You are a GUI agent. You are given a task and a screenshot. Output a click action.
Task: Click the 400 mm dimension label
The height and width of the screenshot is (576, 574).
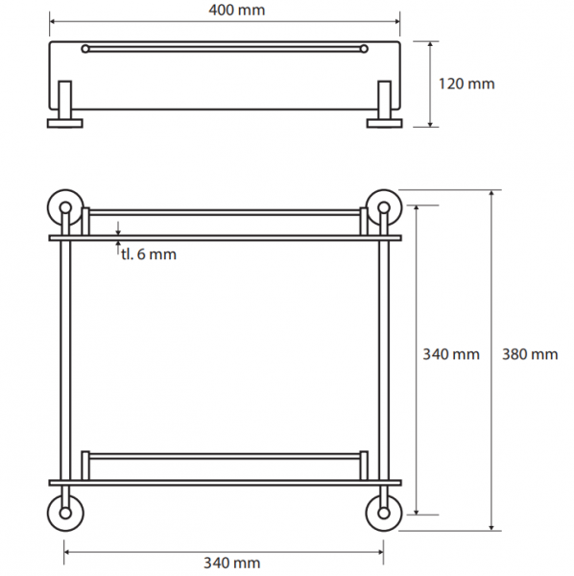[x=237, y=10]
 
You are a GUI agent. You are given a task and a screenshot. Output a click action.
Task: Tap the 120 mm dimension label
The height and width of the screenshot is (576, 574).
[x=466, y=84]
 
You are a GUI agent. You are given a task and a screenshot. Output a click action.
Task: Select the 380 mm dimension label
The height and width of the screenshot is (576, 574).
[x=530, y=354]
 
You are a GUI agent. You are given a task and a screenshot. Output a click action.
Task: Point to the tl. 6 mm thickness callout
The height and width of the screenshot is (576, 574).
[x=149, y=254]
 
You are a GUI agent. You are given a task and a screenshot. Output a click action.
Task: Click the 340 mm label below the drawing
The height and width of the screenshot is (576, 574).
[x=232, y=563]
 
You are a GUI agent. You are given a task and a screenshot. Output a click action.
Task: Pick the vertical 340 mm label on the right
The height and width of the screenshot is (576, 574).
[x=451, y=354]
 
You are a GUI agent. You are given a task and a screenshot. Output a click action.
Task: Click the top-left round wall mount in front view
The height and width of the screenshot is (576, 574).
[x=65, y=207]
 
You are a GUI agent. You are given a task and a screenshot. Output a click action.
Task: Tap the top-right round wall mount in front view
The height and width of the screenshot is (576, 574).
[x=384, y=207]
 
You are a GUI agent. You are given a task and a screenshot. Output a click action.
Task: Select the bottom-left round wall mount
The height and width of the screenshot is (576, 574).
[x=65, y=513]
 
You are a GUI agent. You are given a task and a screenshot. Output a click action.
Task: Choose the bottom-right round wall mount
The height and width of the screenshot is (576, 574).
[x=384, y=513]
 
